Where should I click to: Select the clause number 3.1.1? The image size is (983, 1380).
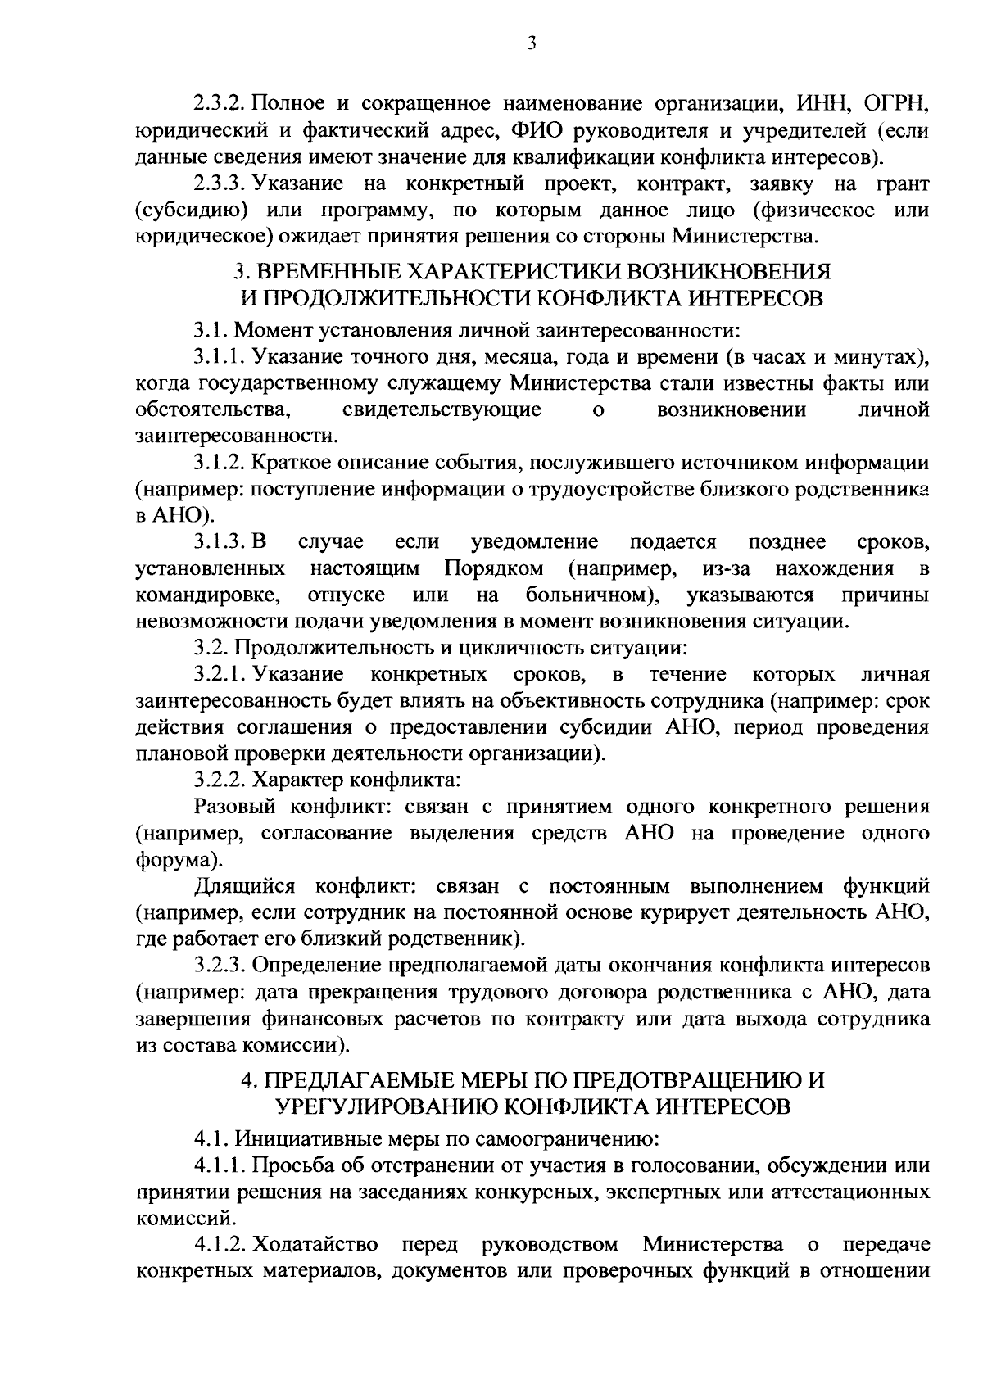(x=219, y=357)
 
